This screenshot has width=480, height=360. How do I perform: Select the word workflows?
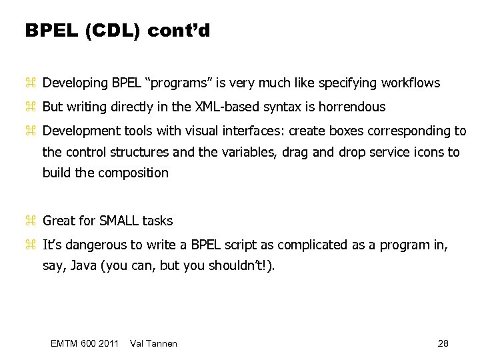pyautogui.click(x=410, y=83)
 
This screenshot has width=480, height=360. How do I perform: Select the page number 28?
pyautogui.click(x=443, y=343)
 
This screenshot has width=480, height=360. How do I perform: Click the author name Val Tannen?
pyautogui.click(x=155, y=343)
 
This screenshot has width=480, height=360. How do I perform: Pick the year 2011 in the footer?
pyautogui.click(x=107, y=343)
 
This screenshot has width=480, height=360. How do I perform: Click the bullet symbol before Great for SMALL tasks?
pyautogui.click(x=29, y=221)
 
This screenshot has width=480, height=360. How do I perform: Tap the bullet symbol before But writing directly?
pyautogui.click(x=29, y=107)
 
